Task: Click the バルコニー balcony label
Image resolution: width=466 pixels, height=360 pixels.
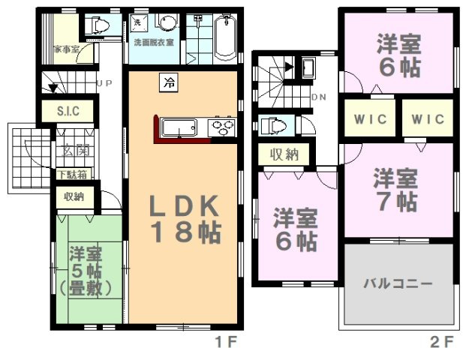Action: pos(398,284)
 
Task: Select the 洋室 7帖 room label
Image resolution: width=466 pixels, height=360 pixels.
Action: pos(396,190)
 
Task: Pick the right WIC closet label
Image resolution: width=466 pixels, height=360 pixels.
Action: pos(428,119)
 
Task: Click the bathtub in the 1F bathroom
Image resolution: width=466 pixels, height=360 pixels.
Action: pos(224,37)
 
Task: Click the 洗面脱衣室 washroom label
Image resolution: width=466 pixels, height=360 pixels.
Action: pos(154,43)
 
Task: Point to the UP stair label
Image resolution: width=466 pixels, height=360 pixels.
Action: pos(104,84)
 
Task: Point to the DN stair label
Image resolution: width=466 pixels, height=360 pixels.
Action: pos(318,97)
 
